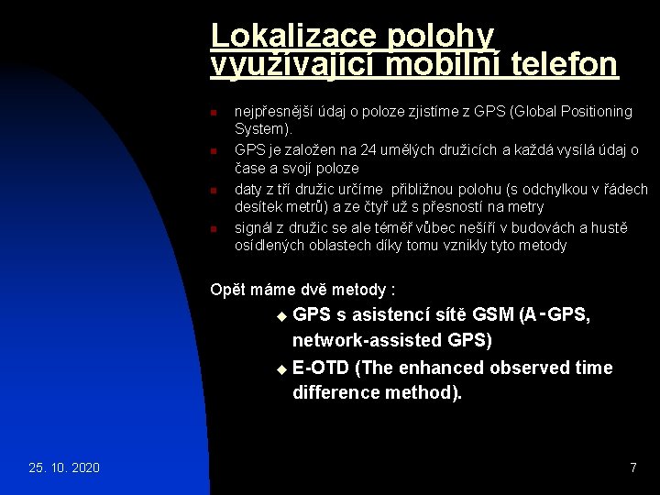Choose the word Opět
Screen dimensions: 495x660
tap(225, 290)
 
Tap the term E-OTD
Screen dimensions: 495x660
tap(320, 368)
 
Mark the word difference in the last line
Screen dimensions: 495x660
tap(335, 393)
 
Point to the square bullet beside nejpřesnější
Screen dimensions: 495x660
tap(212, 112)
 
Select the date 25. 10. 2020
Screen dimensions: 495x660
tap(65, 468)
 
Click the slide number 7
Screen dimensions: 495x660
tap(632, 468)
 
